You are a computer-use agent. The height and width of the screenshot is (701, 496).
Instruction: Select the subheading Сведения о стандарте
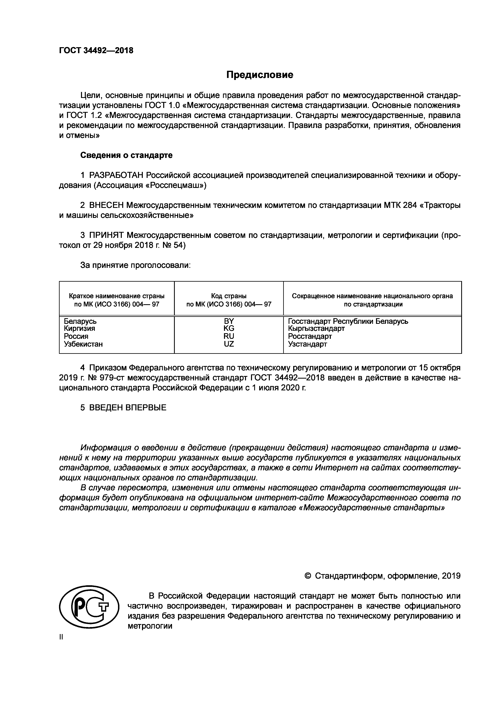(x=126, y=155)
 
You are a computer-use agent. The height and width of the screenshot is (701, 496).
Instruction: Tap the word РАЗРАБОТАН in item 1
(x=116, y=175)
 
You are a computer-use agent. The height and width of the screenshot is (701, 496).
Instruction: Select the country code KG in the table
(x=229, y=329)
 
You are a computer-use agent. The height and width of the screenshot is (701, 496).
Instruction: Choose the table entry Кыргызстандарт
(x=316, y=329)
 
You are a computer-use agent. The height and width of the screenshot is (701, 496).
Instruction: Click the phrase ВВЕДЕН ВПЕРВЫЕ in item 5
(x=128, y=407)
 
